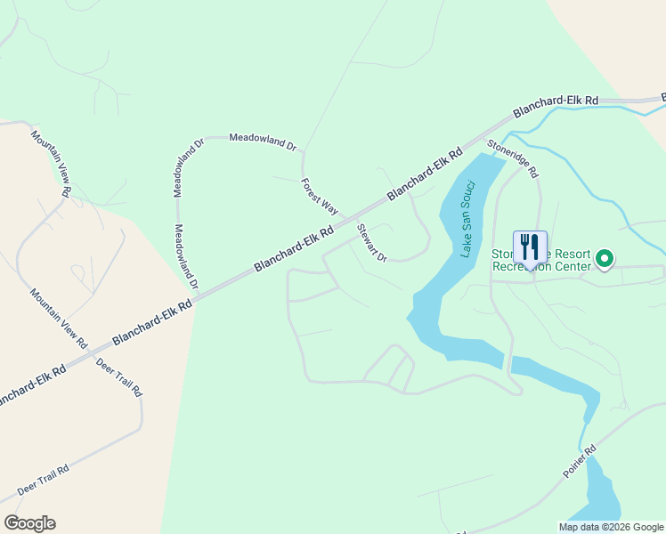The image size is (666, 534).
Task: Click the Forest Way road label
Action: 320,197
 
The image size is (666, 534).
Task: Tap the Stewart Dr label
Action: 372,243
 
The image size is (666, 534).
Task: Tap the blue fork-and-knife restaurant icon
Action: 529,247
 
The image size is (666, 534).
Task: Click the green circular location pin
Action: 605,259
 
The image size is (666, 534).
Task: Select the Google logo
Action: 29,523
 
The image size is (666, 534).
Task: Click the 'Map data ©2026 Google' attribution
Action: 610,527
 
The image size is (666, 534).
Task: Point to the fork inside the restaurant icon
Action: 524,245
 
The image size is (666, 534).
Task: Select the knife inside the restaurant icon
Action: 534,245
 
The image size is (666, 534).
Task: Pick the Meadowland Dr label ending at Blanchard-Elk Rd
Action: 185,256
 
